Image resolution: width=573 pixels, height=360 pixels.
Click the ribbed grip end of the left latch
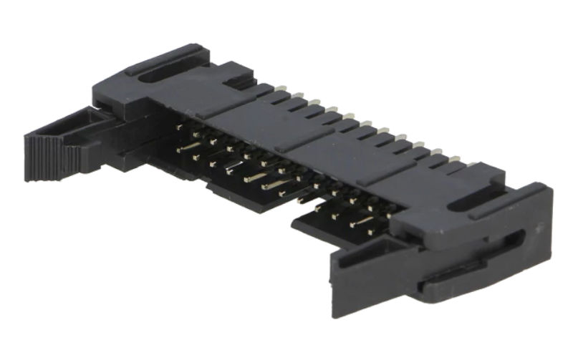44,157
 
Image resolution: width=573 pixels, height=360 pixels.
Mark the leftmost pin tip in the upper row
179,127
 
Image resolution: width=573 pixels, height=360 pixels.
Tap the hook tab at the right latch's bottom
444,287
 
